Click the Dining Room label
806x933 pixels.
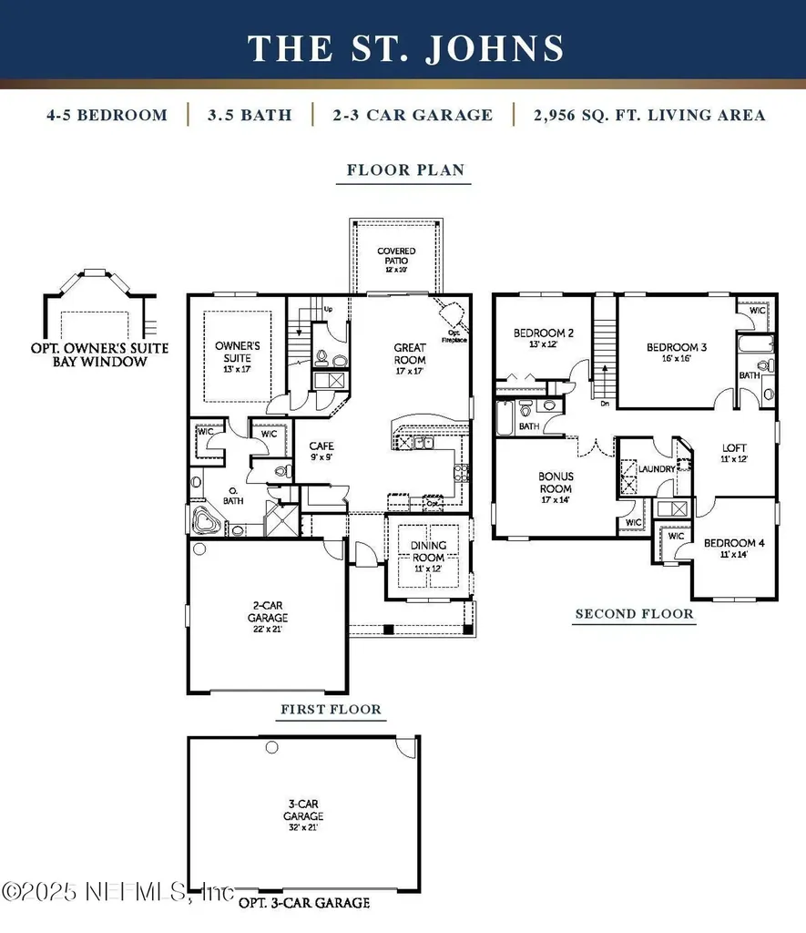point(428,550)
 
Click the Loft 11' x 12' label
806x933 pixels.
point(734,453)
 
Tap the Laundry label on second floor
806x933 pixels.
point(657,468)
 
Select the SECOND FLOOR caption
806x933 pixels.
point(634,614)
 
